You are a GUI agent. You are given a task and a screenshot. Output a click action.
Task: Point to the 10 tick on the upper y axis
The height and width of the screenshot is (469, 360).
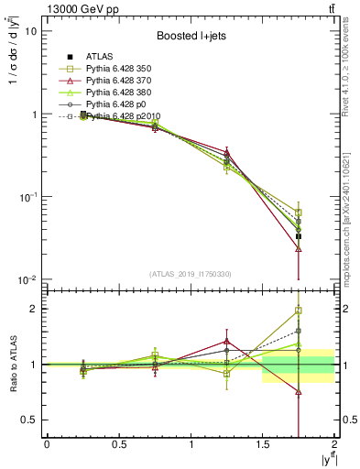[x=30, y=31]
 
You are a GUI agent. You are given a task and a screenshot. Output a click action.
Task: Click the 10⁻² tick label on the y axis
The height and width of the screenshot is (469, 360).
[x=27, y=279]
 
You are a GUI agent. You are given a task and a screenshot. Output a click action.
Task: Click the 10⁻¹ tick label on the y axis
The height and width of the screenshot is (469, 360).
[x=27, y=197]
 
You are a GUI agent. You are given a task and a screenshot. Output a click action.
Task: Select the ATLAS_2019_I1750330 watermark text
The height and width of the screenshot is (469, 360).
[x=191, y=273]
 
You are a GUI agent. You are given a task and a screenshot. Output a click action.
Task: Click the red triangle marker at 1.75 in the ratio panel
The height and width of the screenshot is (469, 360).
[x=299, y=392]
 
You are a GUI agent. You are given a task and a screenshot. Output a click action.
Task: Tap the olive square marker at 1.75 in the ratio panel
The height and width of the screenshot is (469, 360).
[x=299, y=311]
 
